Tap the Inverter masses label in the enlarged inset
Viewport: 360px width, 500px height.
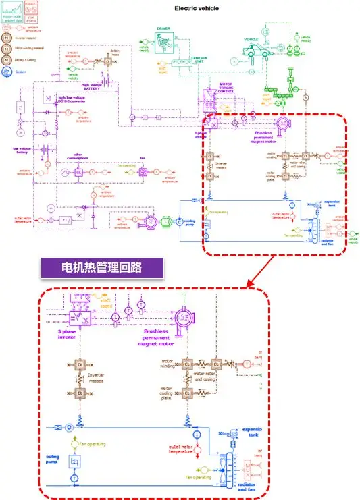pos(101,379)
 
